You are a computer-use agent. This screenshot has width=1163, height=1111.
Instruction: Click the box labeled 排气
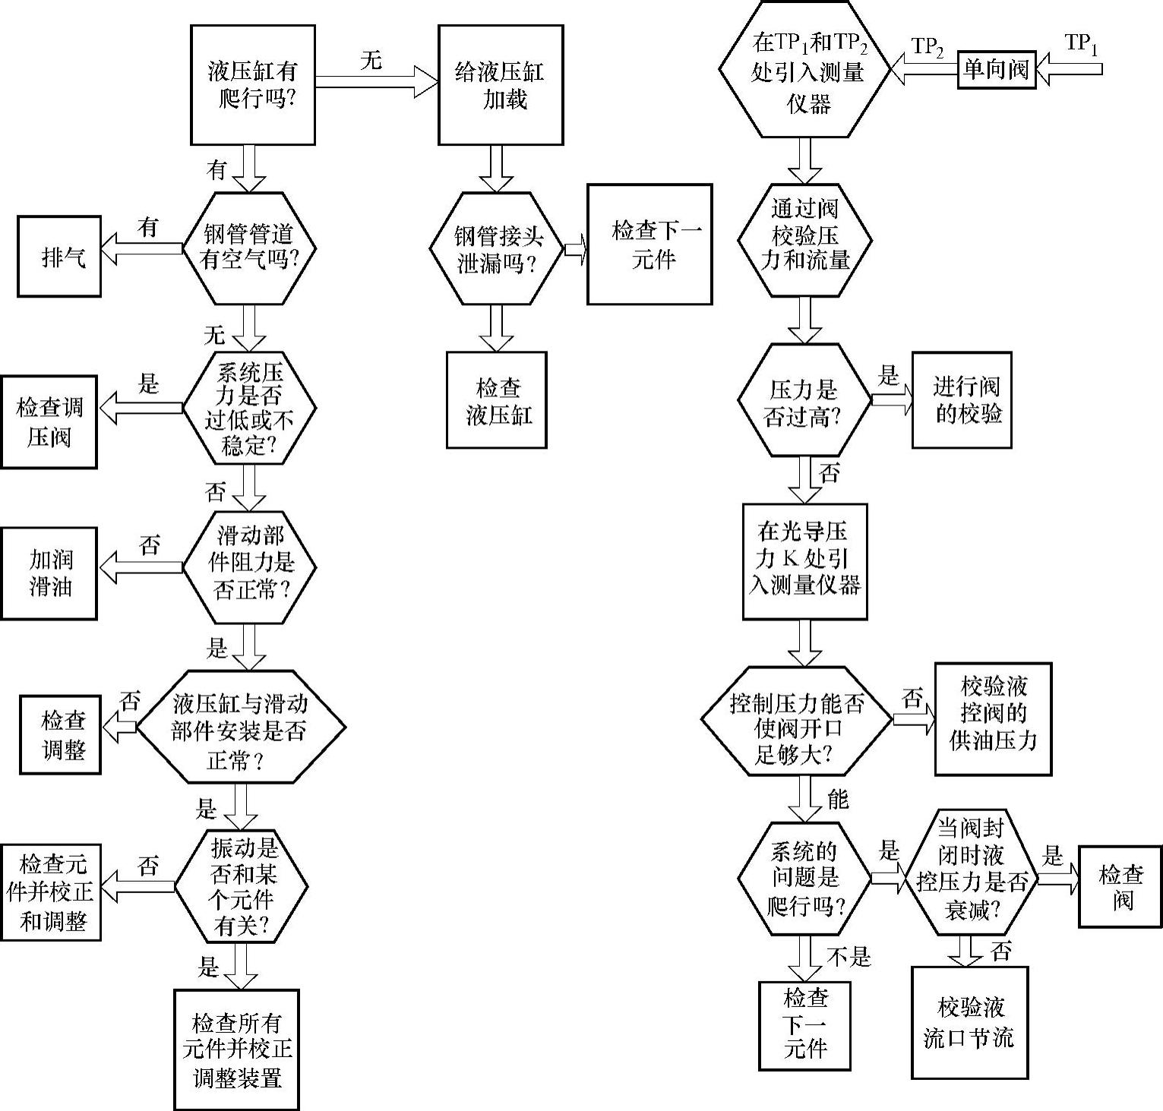pos(59,257)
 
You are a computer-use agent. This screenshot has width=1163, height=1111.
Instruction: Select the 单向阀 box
pos(996,70)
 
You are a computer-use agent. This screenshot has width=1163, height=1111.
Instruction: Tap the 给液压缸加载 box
pos(500,85)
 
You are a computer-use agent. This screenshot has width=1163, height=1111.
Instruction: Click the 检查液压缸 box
pos(497,400)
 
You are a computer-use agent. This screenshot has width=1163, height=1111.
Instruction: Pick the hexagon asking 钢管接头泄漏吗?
pos(498,249)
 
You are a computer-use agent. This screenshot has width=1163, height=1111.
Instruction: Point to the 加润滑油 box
pos(49,573)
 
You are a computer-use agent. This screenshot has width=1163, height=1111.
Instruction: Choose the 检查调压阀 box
pos(49,421)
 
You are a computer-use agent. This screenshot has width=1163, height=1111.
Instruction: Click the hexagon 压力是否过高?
pos(804,400)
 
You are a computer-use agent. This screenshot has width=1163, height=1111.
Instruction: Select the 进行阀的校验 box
pos(962,400)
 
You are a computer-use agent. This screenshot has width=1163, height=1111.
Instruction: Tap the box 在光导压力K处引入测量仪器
pos(804,560)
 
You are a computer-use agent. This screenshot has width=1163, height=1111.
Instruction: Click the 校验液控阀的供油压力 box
pos(993,718)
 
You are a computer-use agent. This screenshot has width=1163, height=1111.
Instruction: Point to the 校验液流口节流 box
pos(970,1022)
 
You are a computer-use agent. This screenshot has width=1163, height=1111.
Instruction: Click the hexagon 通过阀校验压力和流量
pos(804,239)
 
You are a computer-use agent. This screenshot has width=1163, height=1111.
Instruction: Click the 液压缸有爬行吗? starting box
pos(253,85)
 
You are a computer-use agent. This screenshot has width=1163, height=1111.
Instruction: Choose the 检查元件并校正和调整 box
pos(52,892)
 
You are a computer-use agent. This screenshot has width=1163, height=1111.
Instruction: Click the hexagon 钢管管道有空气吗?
pos(248,248)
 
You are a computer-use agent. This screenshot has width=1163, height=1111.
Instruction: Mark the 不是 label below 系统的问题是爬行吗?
pos(849,957)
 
